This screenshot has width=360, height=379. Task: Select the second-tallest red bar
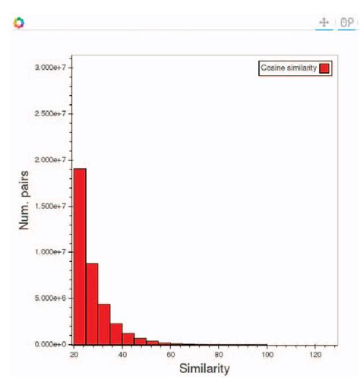(92, 304)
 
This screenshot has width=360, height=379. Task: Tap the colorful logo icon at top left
(19, 23)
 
